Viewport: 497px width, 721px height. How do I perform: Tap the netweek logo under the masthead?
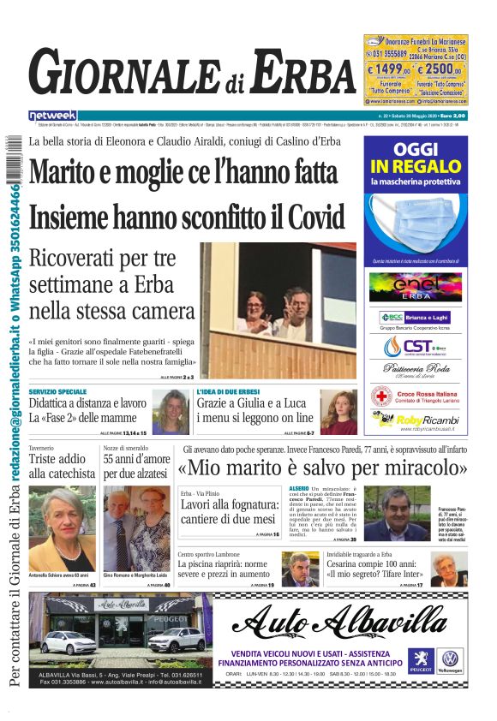[52, 115]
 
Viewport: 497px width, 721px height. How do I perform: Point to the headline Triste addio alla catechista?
[62, 466]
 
